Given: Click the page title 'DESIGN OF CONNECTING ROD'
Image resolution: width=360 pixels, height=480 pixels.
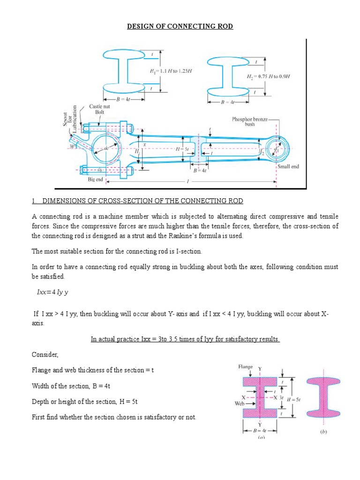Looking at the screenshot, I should tap(180, 26).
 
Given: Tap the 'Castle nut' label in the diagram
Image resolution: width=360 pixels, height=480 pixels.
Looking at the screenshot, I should tap(99, 106).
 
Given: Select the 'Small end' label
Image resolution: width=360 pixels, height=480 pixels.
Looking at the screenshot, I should tap(288, 166).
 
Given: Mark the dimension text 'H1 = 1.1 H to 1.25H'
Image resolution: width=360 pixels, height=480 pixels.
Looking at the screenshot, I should tap(171, 71).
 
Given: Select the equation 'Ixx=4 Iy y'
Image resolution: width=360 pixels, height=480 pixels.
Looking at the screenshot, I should tap(57, 292).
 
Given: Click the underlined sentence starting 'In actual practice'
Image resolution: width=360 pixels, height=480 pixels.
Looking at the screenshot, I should tap(185, 339).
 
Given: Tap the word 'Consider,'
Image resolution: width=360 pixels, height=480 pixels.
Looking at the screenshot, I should tap(45, 354).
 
